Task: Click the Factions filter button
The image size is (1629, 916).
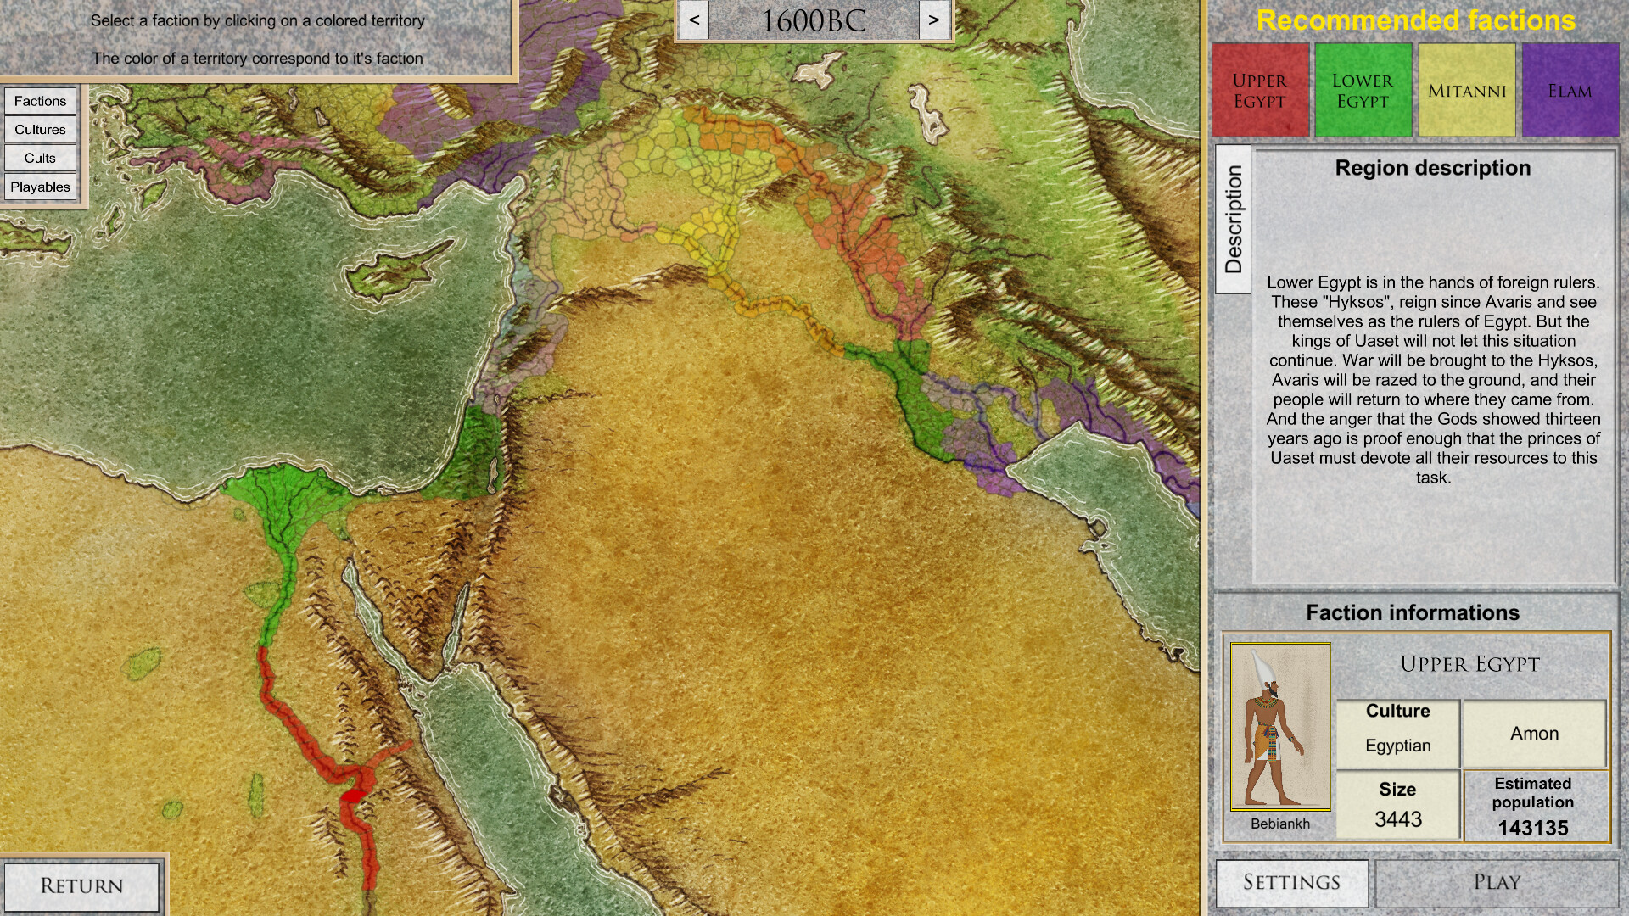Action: (x=40, y=101)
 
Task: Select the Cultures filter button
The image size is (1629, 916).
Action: (x=40, y=130)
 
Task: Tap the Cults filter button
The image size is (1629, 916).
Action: (x=40, y=158)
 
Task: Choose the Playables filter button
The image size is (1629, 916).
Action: (x=40, y=187)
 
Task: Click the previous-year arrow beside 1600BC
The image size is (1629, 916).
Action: (x=694, y=20)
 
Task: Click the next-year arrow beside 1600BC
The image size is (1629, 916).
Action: (x=933, y=20)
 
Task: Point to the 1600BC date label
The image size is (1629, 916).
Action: (x=813, y=21)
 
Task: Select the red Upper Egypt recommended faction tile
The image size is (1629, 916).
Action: (x=1260, y=91)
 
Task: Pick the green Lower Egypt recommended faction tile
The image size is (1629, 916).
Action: (x=1363, y=91)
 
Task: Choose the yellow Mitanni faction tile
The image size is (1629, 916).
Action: (x=1466, y=91)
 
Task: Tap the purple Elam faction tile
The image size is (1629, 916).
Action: (x=1570, y=91)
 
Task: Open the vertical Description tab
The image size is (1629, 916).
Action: (x=1234, y=220)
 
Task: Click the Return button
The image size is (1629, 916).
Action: (x=81, y=885)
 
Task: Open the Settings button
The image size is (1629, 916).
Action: (x=1291, y=883)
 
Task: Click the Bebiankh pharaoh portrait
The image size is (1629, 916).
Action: (x=1279, y=727)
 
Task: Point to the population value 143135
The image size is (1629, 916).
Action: (x=1532, y=828)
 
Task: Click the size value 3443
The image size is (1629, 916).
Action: (x=1397, y=819)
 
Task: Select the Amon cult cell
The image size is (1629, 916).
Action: (x=1534, y=734)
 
